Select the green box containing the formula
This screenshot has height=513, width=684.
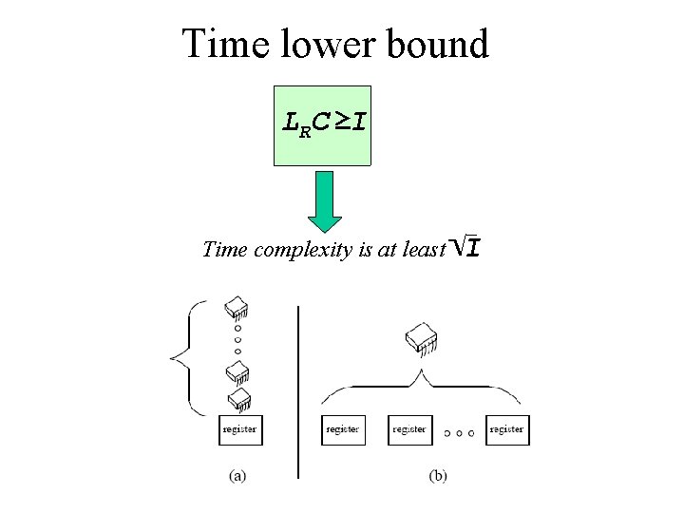point(323,125)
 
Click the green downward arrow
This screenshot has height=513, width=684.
point(325,201)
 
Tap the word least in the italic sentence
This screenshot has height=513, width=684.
point(424,250)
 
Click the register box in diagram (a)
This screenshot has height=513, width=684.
point(238,429)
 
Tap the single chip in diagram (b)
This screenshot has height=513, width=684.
point(420,339)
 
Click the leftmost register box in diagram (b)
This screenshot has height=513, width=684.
point(343,429)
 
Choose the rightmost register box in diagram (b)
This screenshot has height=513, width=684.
point(506,429)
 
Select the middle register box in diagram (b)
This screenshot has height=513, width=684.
point(409,429)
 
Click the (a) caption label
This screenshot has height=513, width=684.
point(237,476)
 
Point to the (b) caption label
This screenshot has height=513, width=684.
point(437,476)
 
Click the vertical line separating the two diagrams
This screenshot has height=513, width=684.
point(298,389)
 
